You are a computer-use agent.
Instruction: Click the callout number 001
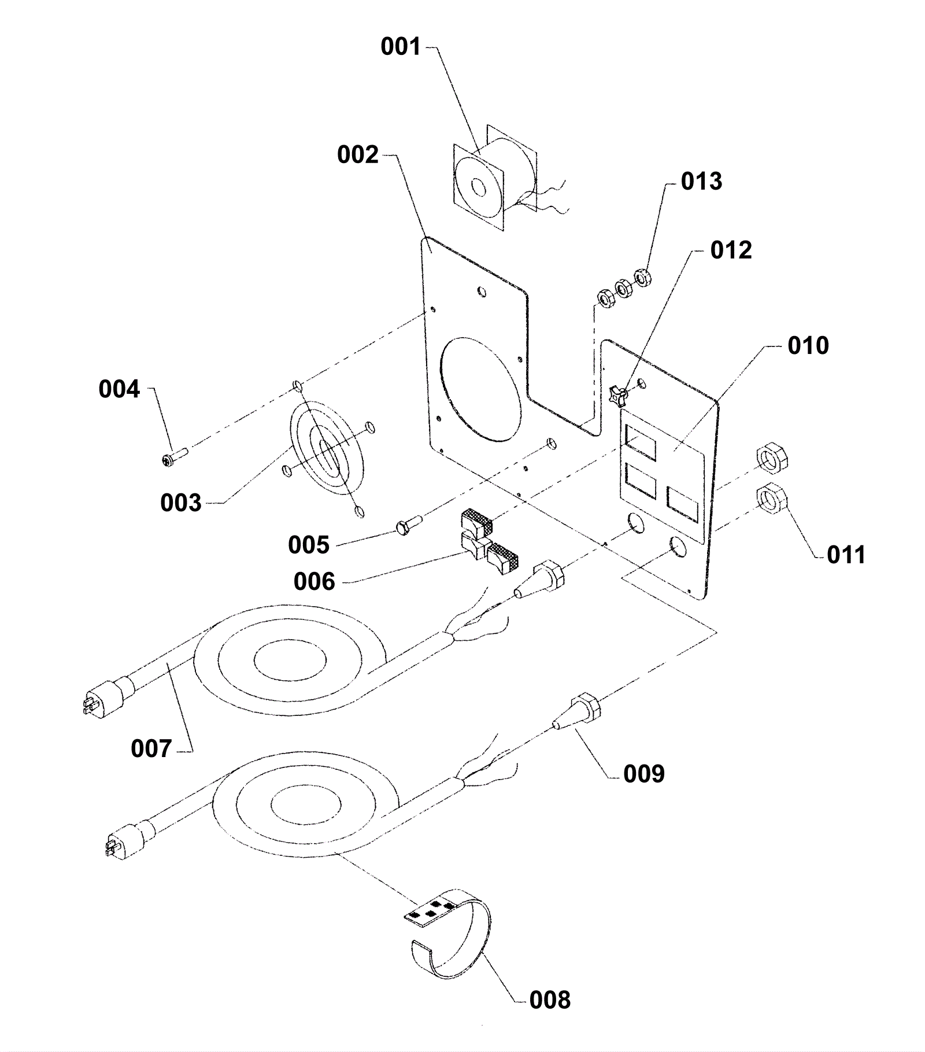coord(401,47)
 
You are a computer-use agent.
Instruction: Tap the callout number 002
coord(358,155)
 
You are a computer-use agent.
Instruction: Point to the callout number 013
coord(701,181)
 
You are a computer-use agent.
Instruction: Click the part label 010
coord(808,345)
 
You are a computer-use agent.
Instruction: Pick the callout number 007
coord(151,748)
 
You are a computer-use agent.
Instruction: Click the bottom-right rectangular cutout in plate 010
coord(682,505)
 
